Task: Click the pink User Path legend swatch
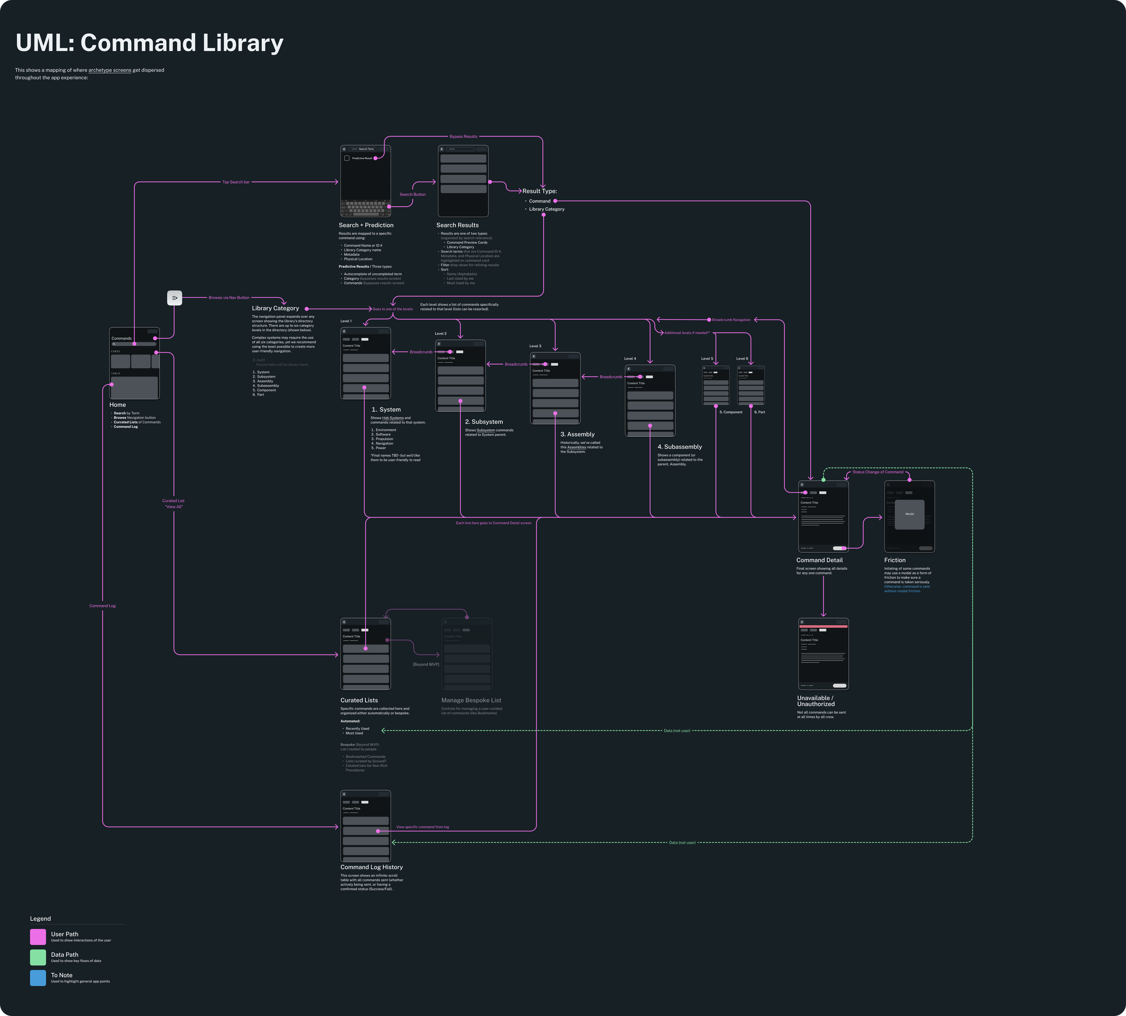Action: (38, 937)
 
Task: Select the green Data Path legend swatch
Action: (38, 957)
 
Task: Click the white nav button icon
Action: (175, 298)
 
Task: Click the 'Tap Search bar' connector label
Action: (236, 182)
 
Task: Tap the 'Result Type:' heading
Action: (540, 191)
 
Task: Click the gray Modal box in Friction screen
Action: (909, 514)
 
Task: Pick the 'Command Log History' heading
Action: (371, 867)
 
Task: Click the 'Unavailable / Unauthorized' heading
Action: (816, 701)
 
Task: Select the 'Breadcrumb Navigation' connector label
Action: (731, 320)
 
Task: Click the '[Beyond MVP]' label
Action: (426, 665)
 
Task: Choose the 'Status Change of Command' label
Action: (877, 472)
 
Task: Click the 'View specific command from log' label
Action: (422, 827)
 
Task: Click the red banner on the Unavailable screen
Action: (823, 627)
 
